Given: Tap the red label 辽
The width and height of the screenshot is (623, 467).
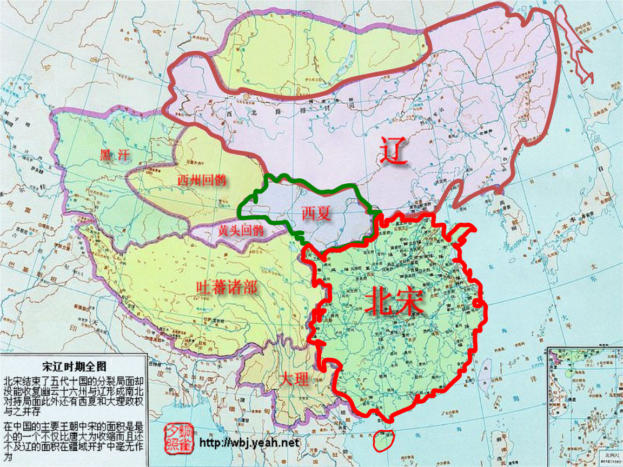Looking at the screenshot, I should (393, 151).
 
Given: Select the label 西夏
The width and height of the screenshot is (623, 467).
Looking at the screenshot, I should (316, 214).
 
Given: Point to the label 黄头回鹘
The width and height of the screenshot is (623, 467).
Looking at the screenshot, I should (241, 231).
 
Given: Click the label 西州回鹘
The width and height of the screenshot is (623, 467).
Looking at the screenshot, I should (202, 181).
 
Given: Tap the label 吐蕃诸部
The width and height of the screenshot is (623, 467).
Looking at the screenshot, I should (226, 288).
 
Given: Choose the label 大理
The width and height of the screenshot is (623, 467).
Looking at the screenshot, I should (294, 379).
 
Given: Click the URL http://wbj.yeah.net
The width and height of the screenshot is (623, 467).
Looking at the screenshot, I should (249, 443).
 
